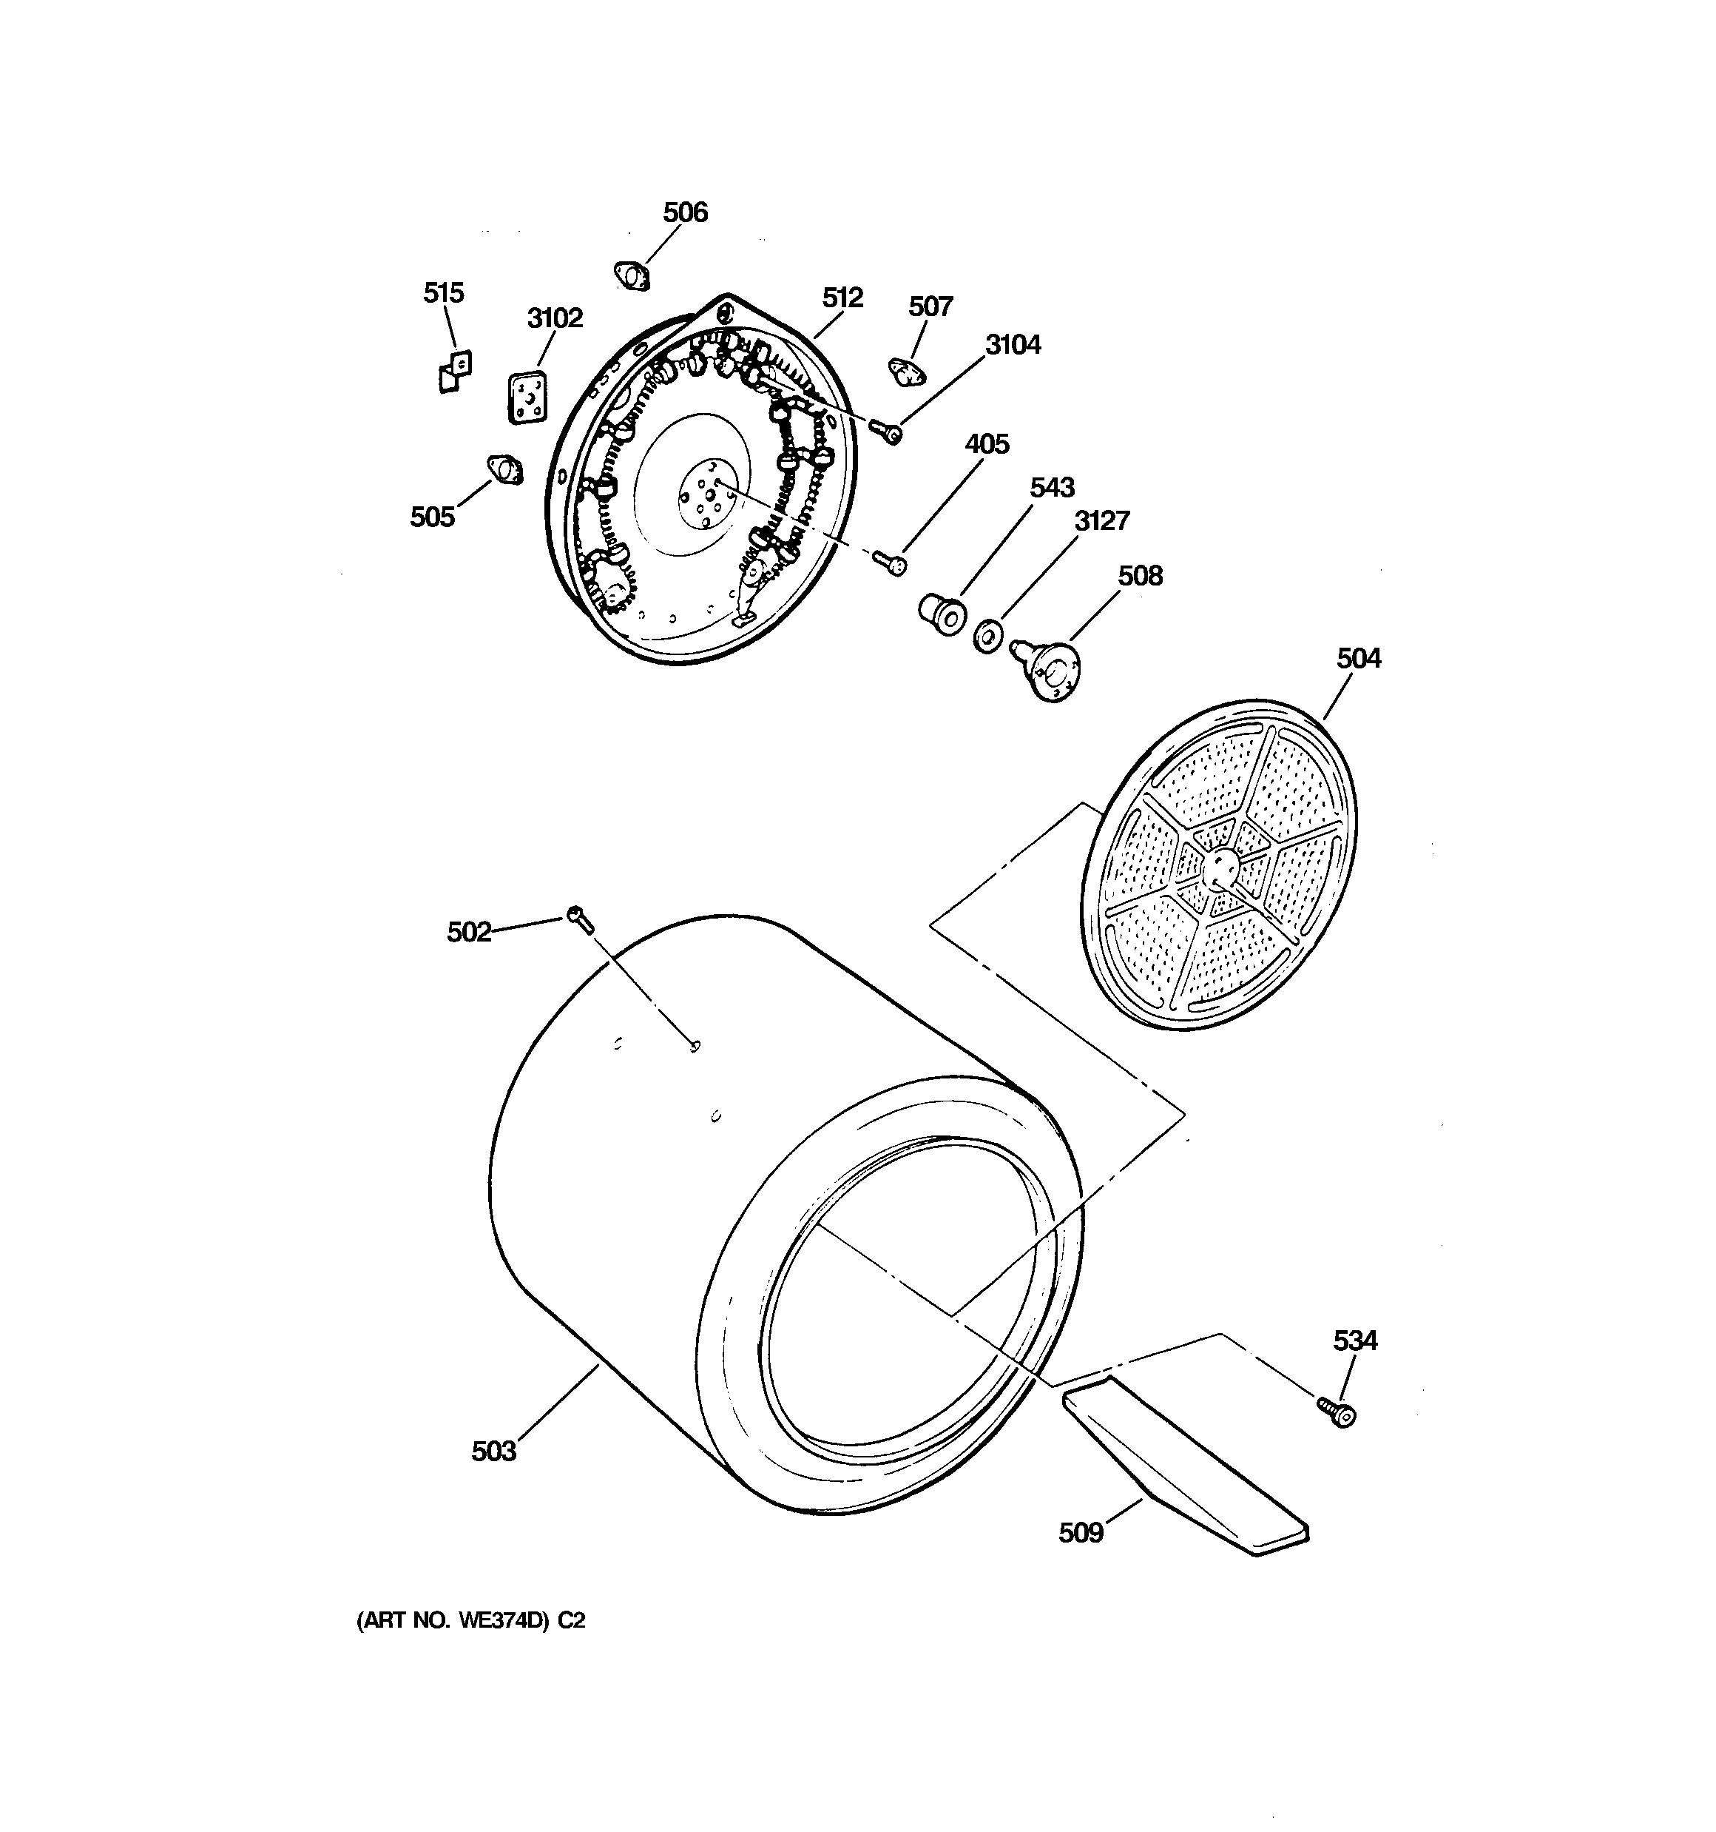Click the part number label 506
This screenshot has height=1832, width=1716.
686,213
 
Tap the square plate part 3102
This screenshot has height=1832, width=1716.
526,399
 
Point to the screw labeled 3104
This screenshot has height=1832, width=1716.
888,429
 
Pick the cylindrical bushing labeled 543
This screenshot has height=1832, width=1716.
939,613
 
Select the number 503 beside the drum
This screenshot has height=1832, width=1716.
493,1452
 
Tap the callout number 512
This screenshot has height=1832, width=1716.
842,298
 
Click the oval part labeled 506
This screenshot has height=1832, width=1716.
631,274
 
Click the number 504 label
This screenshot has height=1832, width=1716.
1359,658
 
